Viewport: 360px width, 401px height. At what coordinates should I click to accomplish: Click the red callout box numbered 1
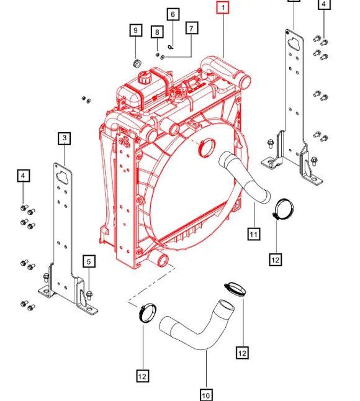pos(222,8)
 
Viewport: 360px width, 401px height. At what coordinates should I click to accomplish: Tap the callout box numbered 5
pos(89,262)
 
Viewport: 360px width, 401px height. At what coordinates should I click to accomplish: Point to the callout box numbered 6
pos(173,14)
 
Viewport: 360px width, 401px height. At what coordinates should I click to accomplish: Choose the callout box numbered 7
pos(191,28)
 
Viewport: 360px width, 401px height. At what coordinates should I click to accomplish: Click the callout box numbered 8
pos(158,32)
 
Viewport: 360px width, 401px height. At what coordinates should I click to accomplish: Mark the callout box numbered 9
pos(135,30)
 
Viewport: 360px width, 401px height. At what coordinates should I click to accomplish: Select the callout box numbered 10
pos(206,395)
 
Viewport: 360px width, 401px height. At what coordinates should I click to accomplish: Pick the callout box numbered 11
pos(253,234)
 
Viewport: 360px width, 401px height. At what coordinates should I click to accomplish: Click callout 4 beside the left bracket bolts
pos(23,177)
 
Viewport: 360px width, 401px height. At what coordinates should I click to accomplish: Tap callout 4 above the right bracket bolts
pos(323,6)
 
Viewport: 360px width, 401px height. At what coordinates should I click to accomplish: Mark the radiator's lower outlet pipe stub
pos(163,259)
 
